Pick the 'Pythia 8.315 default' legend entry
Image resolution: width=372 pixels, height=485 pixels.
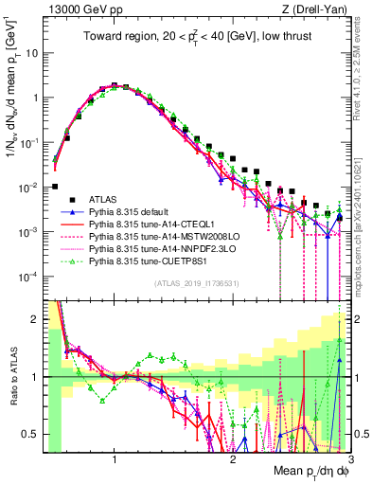point(142,212)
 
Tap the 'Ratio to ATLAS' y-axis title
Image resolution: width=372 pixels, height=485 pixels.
point(13,377)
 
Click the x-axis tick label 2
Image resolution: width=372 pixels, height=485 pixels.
point(233,459)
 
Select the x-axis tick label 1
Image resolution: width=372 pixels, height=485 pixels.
point(115,459)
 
